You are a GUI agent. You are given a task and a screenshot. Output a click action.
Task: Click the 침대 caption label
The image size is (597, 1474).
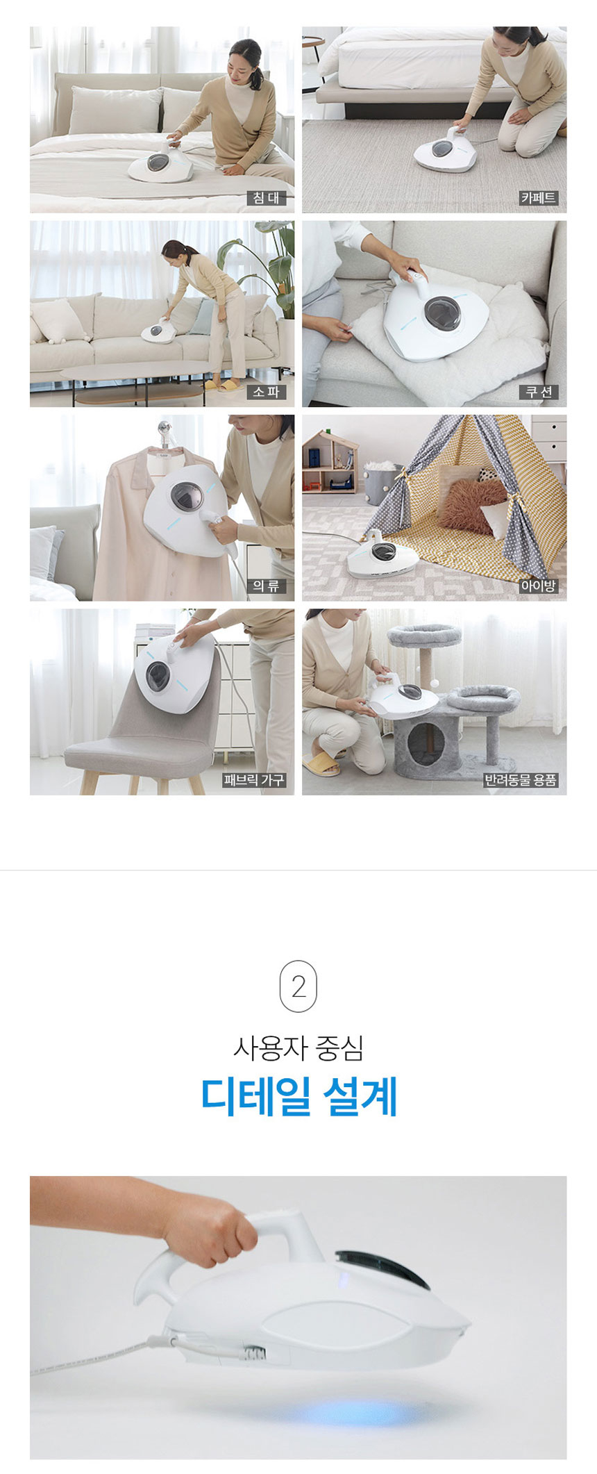click(x=266, y=198)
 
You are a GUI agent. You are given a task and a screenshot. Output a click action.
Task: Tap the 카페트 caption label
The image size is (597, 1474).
click(x=538, y=198)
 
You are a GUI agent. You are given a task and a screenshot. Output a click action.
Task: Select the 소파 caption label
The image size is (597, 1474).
click(x=266, y=392)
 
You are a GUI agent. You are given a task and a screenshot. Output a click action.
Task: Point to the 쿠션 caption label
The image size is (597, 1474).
click(x=538, y=392)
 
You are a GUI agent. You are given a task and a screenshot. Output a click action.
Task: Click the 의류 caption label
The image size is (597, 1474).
click(x=266, y=586)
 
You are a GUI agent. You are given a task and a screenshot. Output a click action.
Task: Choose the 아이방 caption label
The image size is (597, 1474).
click(x=538, y=586)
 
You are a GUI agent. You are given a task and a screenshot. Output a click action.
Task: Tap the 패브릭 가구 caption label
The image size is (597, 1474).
click(x=254, y=779)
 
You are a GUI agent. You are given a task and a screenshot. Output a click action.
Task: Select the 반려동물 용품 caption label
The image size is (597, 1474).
click(x=521, y=779)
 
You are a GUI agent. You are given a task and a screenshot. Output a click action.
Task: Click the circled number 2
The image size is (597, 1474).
click(x=298, y=986)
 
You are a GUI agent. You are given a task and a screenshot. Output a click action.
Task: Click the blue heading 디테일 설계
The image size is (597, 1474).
click(x=298, y=1096)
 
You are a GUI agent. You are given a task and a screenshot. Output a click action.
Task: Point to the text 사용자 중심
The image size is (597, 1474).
click(x=298, y=1047)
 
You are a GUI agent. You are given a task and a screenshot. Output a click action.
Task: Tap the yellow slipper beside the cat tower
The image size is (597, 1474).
click(x=321, y=764)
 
